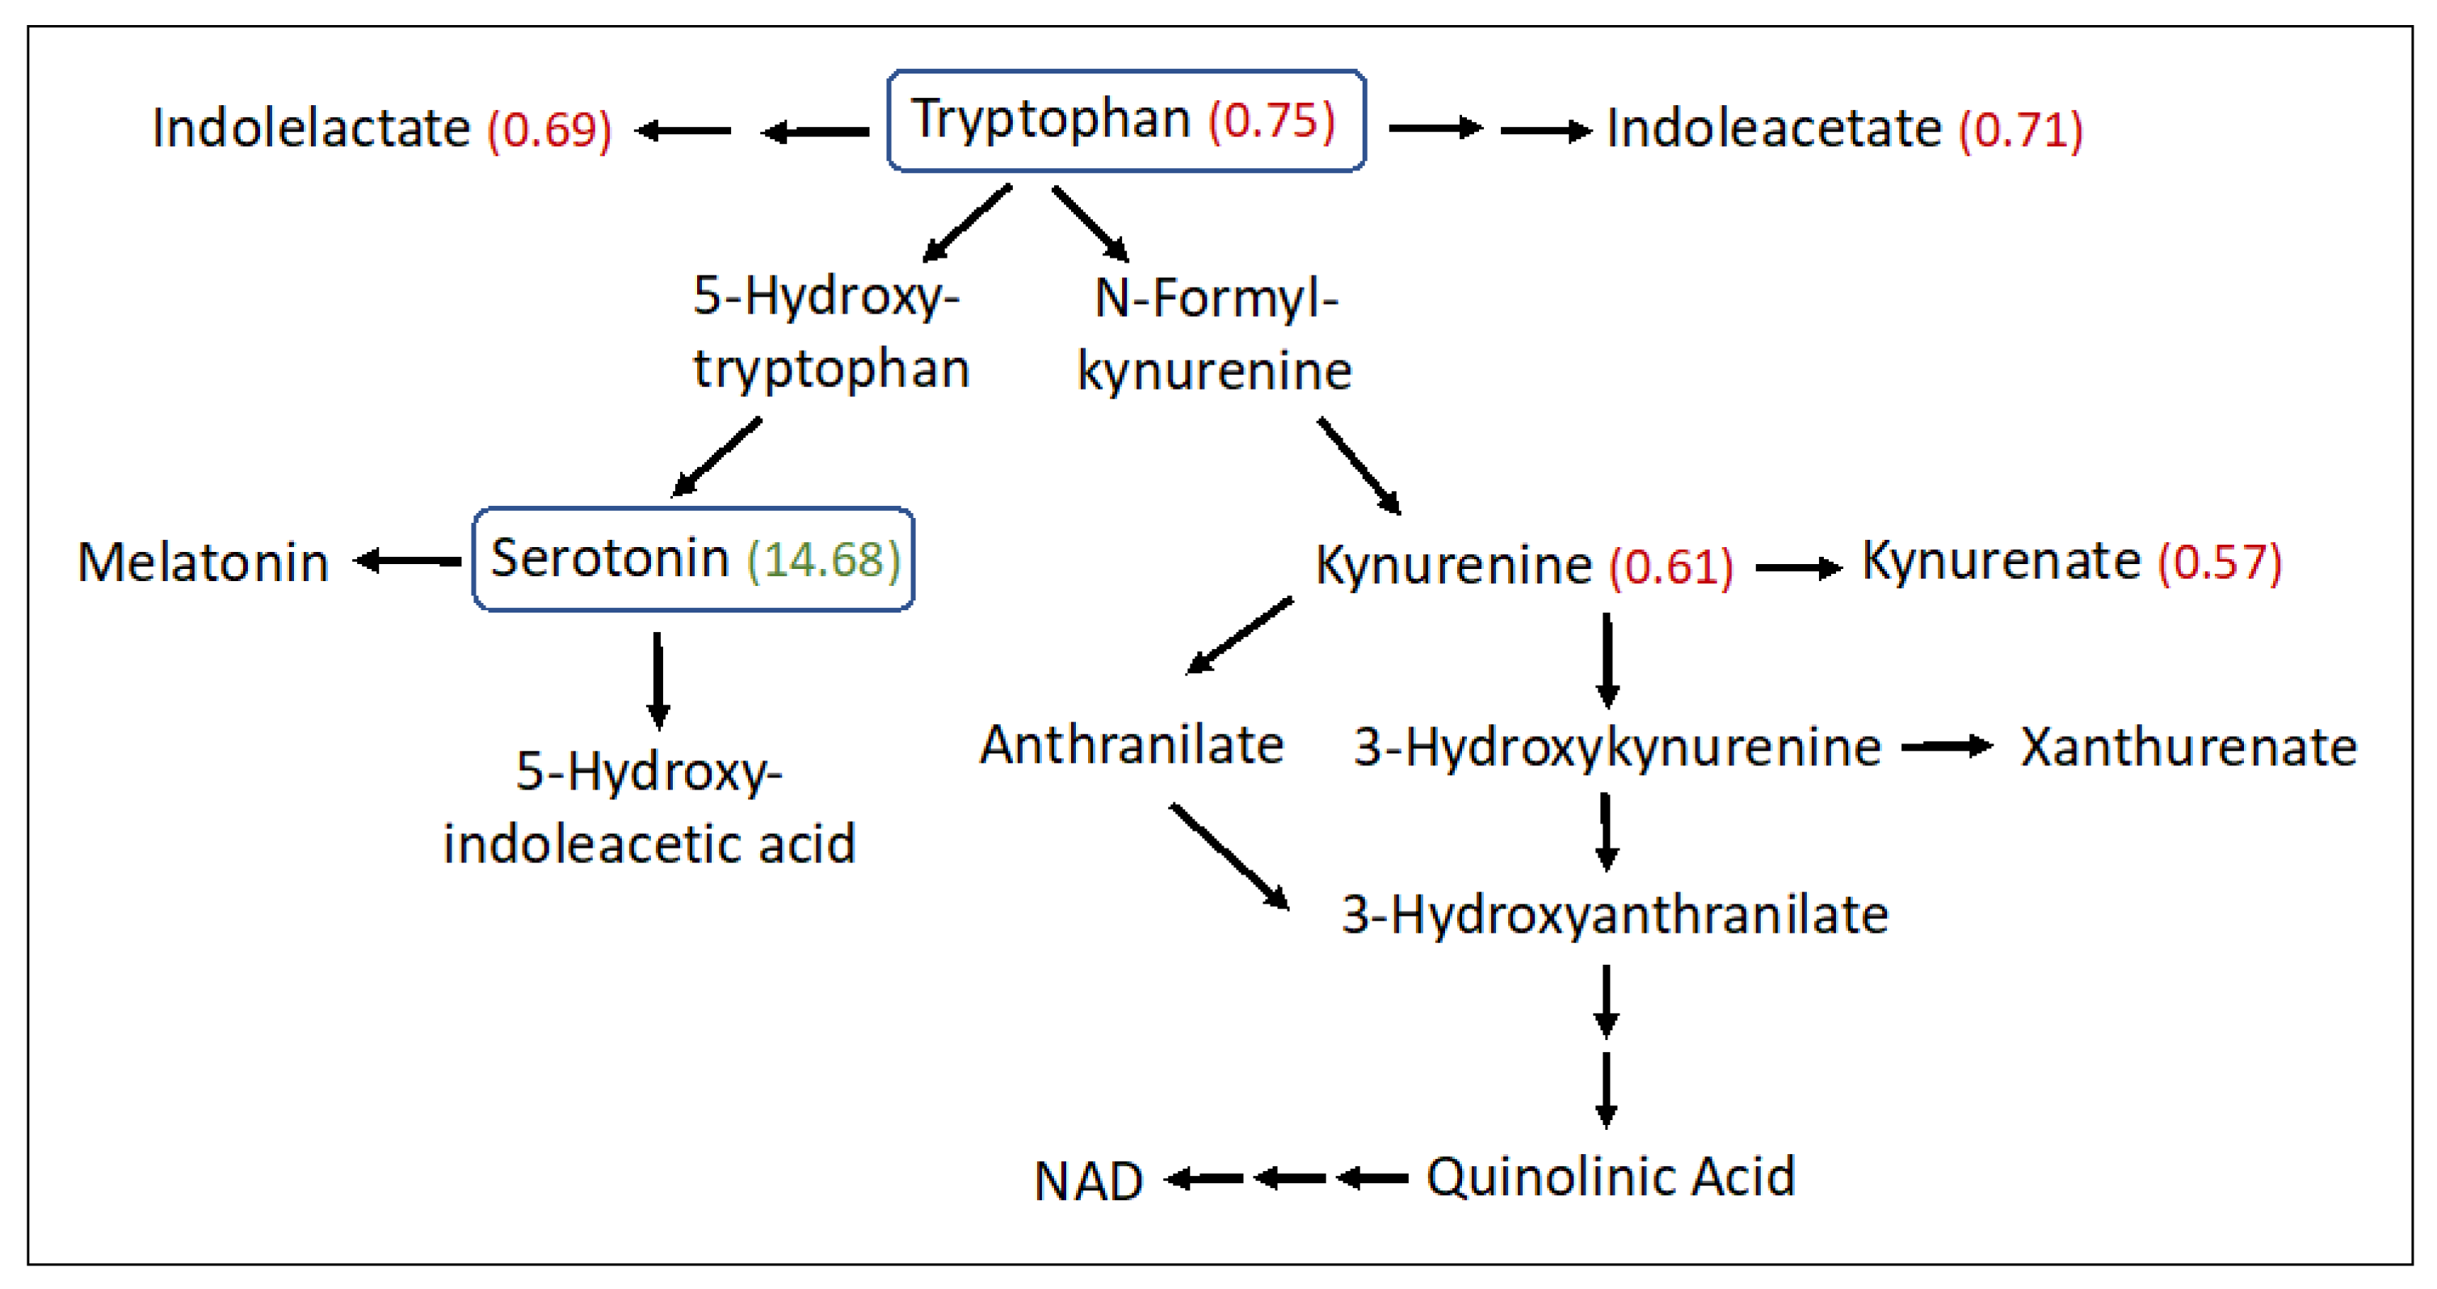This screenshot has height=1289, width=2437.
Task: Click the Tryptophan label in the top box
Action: pyautogui.click(x=1050, y=120)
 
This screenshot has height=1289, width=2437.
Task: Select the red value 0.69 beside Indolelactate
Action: pyautogui.click(x=549, y=128)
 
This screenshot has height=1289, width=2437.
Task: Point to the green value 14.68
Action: pyautogui.click(x=823, y=559)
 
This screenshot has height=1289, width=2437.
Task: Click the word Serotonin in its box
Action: pyautogui.click(x=609, y=558)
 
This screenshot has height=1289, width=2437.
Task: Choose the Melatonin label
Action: pyautogui.click(x=203, y=562)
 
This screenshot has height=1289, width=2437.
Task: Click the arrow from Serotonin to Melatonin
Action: pyautogui.click(x=408, y=561)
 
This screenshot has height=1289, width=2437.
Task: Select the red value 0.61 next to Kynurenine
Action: pyautogui.click(x=1672, y=566)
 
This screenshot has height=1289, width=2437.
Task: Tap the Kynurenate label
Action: pyautogui.click(x=2001, y=560)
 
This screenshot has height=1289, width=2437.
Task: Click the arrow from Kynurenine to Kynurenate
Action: pyautogui.click(x=1797, y=568)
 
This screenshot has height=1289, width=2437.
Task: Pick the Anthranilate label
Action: pyautogui.click(x=1132, y=745)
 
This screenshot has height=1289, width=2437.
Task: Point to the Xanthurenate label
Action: pyautogui.click(x=2188, y=747)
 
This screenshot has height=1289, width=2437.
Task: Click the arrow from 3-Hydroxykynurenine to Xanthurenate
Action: pyautogui.click(x=1946, y=747)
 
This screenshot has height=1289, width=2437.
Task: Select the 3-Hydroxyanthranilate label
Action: pyautogui.click(x=1615, y=914)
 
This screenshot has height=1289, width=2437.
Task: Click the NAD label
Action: pyautogui.click(x=1088, y=1181)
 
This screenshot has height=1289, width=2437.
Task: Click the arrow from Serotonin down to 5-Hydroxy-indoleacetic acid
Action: pyautogui.click(x=658, y=680)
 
